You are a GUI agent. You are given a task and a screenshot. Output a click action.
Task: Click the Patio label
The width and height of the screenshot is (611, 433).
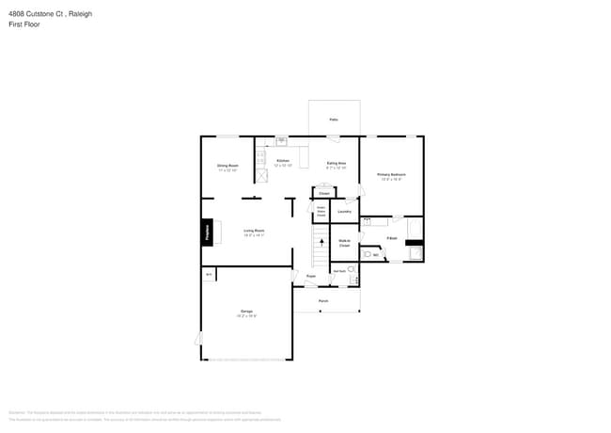334,120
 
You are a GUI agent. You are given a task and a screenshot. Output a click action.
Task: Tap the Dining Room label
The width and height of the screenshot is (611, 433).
227,166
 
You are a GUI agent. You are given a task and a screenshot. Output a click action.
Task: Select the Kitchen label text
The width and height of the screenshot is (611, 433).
283,161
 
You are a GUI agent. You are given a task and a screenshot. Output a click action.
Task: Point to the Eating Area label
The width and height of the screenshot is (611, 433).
336,164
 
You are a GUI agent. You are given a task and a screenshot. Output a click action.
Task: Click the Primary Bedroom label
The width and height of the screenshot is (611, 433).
391,175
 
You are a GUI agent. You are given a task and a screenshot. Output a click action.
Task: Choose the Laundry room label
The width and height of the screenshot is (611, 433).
344,211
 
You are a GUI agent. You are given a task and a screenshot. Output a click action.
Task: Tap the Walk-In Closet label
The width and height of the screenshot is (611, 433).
344,243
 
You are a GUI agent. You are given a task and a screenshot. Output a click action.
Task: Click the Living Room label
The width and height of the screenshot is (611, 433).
254,231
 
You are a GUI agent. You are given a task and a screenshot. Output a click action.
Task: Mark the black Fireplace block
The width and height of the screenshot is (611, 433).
206,233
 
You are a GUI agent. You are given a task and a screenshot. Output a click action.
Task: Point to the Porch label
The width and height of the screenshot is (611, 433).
322,301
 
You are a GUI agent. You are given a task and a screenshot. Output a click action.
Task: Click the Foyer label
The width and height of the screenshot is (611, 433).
309,276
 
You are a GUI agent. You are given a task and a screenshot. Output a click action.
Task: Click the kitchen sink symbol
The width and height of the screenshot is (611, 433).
280,141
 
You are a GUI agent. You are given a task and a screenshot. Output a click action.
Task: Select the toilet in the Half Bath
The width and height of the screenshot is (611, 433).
352,269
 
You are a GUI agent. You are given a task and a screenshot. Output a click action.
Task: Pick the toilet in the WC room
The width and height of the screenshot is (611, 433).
368,254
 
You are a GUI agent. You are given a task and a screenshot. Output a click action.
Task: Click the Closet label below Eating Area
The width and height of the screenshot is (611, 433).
323,193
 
